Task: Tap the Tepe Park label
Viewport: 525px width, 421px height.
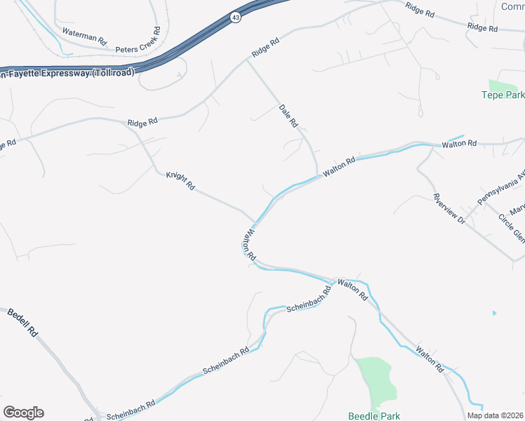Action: click(503, 95)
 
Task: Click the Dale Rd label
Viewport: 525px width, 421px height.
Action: click(288, 116)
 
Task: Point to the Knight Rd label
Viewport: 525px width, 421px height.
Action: click(180, 181)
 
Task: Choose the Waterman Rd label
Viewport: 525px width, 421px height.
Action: click(84, 37)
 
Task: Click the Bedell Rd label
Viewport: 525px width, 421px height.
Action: click(22, 322)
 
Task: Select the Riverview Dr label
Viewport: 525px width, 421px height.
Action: click(448, 208)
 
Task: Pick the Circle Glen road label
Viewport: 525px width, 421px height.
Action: click(512, 227)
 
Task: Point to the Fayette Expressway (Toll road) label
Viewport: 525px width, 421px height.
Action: click(67, 72)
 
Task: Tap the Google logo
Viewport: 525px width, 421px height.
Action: click(23, 413)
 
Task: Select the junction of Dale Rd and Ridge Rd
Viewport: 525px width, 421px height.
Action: click(246, 60)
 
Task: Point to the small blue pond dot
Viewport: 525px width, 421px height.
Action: click(494, 312)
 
